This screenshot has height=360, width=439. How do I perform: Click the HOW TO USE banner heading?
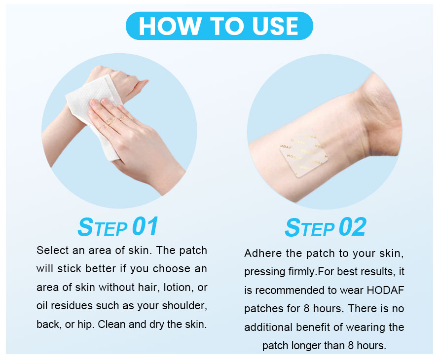(219, 26)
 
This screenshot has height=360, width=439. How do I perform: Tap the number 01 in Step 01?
(145, 226)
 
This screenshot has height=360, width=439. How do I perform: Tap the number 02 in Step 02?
(352, 227)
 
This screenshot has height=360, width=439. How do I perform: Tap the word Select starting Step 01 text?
(52, 250)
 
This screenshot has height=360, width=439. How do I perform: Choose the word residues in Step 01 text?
(72, 306)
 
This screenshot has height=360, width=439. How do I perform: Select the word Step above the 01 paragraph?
(103, 227)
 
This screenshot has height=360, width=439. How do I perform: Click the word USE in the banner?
(275, 26)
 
